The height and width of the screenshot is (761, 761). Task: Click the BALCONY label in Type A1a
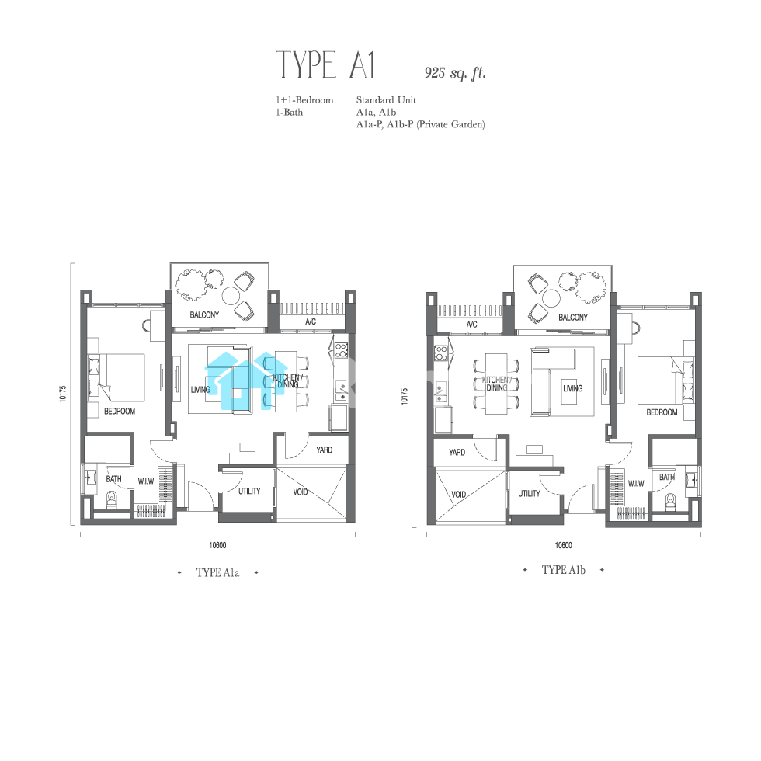[x=204, y=315]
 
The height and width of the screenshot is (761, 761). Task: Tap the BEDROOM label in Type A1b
[x=662, y=412]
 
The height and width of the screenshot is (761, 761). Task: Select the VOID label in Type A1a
[x=301, y=492]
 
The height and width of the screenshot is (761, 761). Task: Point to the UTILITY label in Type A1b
[x=529, y=494]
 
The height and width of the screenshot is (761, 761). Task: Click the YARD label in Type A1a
[x=325, y=450]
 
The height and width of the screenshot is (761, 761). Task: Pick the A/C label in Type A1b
[x=472, y=325]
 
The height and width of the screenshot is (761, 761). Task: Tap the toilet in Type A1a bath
[x=112, y=500]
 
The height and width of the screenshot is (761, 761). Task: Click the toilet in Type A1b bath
[x=670, y=502]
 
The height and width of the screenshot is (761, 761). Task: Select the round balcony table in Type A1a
[x=231, y=294]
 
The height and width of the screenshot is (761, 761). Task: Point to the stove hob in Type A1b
[x=441, y=353]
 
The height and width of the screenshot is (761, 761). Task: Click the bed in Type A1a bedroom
[x=116, y=377]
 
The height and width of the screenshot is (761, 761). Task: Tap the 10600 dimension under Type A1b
[x=564, y=545]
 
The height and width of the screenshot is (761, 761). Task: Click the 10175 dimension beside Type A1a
[x=63, y=394]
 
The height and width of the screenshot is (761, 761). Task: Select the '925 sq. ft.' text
[x=455, y=73]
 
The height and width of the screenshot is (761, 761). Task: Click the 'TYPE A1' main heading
[x=325, y=65]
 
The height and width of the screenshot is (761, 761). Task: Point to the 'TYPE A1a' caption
[x=217, y=573]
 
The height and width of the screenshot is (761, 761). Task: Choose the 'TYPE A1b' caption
[x=564, y=570]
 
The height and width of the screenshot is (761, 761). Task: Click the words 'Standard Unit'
[x=387, y=100]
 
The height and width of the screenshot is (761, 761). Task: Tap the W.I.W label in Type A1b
[x=636, y=483]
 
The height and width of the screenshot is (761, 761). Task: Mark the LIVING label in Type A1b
[x=573, y=388]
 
